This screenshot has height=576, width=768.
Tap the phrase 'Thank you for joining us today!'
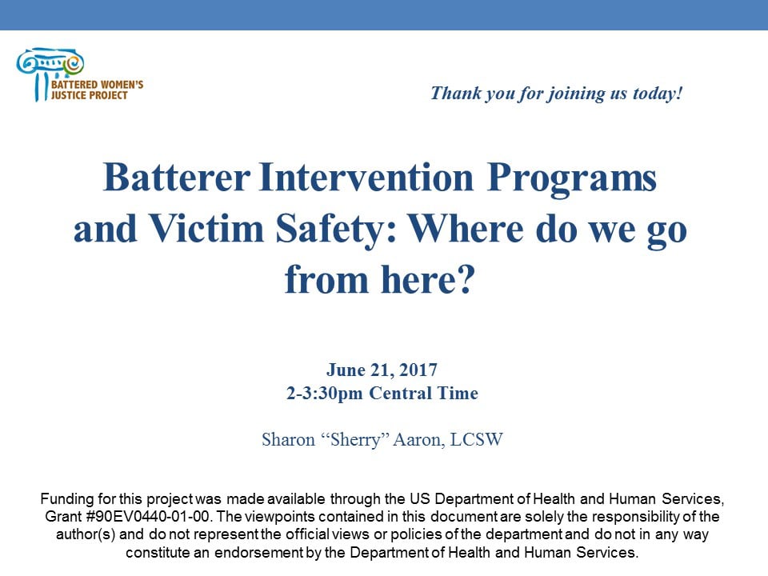[x=557, y=93]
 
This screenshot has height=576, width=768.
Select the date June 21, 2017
[x=382, y=370]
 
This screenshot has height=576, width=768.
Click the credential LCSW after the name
[x=476, y=440]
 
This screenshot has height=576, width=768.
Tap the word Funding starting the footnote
[x=67, y=498]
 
